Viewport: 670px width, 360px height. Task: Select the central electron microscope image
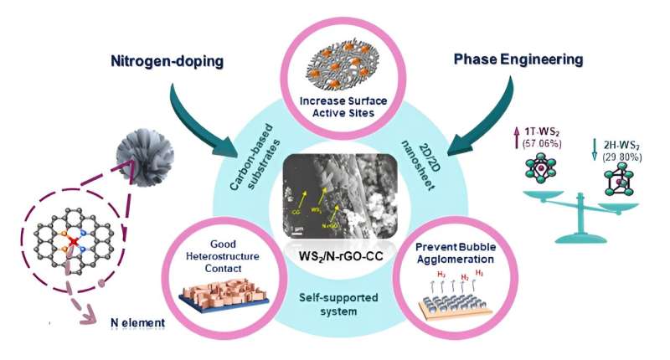(x=335, y=198)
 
